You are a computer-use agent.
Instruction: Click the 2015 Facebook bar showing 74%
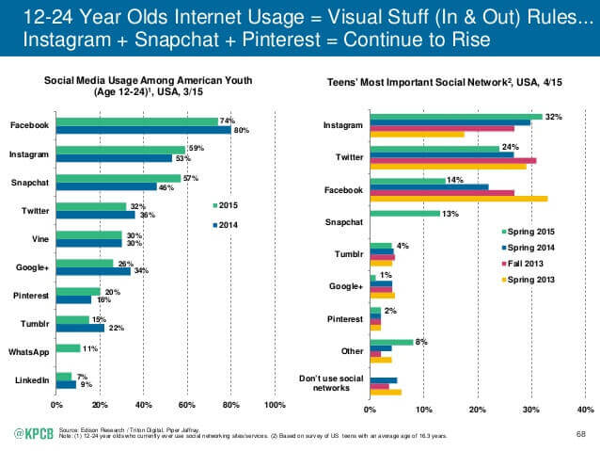pyautogui.click(x=136, y=121)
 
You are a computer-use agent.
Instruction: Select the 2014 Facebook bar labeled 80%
pyautogui.click(x=143, y=130)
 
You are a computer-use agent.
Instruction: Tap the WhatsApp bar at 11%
pyautogui.click(x=68, y=348)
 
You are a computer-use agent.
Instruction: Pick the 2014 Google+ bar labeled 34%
pyautogui.click(x=93, y=272)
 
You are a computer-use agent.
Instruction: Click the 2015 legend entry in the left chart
pyautogui.click(x=227, y=204)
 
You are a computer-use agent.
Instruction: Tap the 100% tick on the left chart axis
pyautogui.click(x=274, y=406)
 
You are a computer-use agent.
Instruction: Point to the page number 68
pyautogui.click(x=579, y=433)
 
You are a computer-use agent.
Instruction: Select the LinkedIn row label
pyautogui.click(x=31, y=380)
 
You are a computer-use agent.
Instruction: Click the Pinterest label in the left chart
pyautogui.click(x=29, y=296)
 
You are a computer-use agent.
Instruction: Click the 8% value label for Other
pyautogui.click(x=420, y=342)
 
